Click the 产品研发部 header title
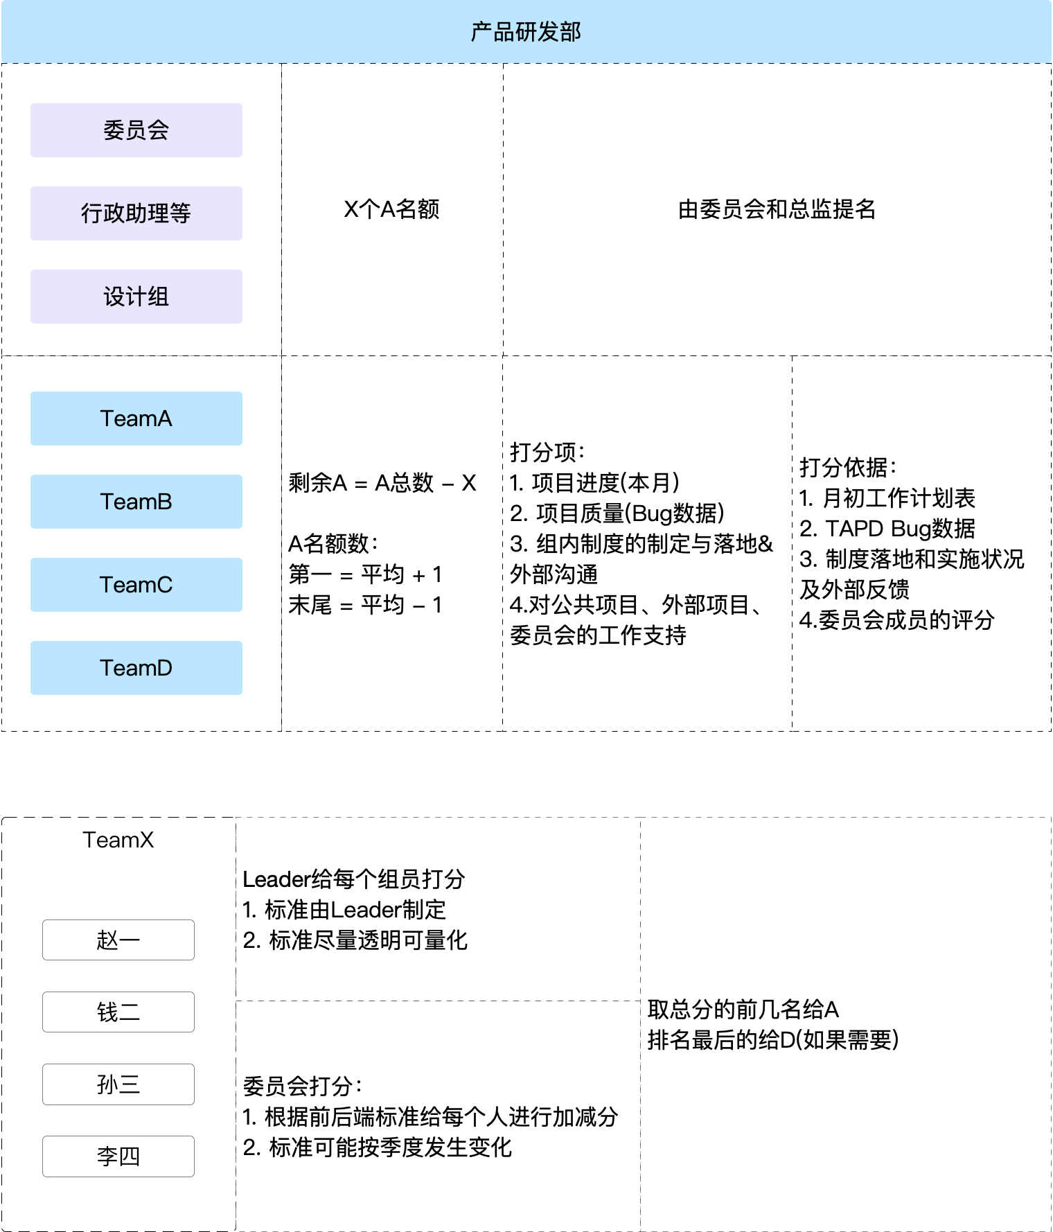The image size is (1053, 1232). [x=526, y=32]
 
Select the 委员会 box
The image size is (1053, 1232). [x=136, y=130]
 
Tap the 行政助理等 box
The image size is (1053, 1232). [x=136, y=213]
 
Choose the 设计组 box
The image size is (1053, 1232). [x=136, y=297]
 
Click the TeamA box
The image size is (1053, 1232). [x=136, y=419]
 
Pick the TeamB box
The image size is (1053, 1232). [x=136, y=502]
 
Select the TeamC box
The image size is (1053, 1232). [x=136, y=585]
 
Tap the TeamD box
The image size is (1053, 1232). [x=136, y=668]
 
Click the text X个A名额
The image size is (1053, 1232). [x=391, y=209]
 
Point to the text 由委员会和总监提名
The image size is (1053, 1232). [x=777, y=209]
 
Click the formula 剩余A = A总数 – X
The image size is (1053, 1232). [x=382, y=482]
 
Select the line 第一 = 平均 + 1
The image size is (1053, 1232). [x=365, y=574]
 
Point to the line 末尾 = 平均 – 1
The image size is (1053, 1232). [x=365, y=605]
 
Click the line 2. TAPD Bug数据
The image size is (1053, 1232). [x=887, y=529]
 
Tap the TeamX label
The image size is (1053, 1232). [x=118, y=840]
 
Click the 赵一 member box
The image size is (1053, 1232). [x=118, y=940]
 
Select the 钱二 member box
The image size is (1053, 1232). [x=118, y=1012]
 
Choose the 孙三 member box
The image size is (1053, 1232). [x=118, y=1084]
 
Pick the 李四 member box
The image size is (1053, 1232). [x=118, y=1156]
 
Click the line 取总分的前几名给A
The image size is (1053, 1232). [x=743, y=1010]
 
